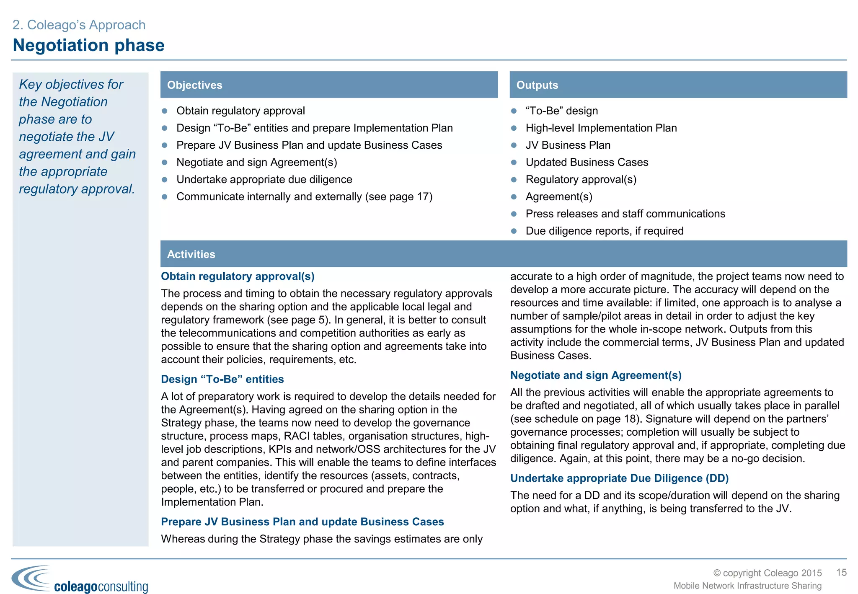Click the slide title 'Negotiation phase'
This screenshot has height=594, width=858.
[x=88, y=45]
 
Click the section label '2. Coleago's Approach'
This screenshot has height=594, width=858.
[x=79, y=25]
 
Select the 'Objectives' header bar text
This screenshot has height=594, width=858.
[x=194, y=85]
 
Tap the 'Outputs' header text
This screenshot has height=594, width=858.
[x=537, y=85]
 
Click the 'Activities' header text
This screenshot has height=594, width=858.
[x=191, y=254]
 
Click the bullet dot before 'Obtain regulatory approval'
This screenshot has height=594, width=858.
[x=165, y=111]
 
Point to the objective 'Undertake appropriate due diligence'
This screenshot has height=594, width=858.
[x=264, y=179]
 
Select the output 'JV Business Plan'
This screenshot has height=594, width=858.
[x=568, y=145]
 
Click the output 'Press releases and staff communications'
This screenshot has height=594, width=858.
[x=625, y=214]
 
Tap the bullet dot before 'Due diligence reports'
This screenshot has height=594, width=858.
[x=514, y=231]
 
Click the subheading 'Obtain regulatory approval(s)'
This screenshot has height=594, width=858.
[x=238, y=276]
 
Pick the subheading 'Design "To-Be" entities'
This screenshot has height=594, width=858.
[x=222, y=379]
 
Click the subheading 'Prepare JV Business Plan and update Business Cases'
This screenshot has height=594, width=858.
[x=302, y=522]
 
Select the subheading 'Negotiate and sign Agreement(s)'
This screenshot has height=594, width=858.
[x=595, y=375]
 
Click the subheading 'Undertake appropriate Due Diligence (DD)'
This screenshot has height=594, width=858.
[x=619, y=478]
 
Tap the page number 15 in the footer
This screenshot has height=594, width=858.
[x=841, y=572]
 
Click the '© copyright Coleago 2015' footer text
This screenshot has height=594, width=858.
[x=767, y=573]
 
